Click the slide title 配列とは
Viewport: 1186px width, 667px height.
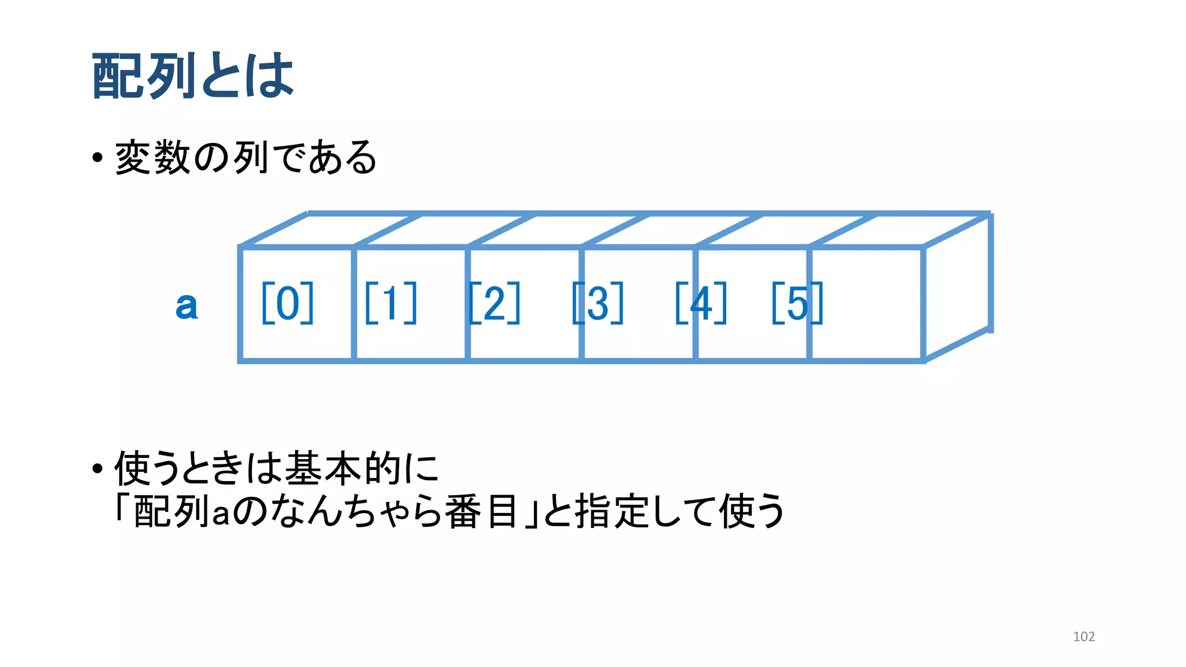[x=193, y=75]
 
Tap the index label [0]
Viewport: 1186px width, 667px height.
[x=287, y=303]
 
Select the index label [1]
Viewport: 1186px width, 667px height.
[x=391, y=303]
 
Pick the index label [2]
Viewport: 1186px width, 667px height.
[x=494, y=303]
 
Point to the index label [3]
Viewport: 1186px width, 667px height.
[x=598, y=303]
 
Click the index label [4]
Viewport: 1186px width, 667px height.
[x=701, y=303]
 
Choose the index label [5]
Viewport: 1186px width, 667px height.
[x=797, y=303]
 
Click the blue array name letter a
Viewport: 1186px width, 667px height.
[x=186, y=305]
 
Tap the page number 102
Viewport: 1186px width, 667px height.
[x=1083, y=636]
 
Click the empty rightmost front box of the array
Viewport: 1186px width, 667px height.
[x=866, y=304]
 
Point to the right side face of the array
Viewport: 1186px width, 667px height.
[x=957, y=288]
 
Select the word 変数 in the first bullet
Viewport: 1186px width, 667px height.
[x=153, y=157]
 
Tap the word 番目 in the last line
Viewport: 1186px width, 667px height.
[x=481, y=511]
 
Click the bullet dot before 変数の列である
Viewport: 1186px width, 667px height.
[x=97, y=158]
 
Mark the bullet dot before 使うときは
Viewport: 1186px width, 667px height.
[x=97, y=468]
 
